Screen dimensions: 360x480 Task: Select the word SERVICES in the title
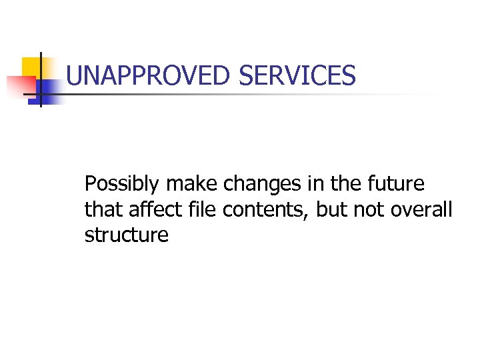coord(297,76)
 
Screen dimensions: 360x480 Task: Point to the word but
coord(332,209)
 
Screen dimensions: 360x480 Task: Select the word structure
coord(127,235)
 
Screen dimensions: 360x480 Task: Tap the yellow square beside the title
coord(30,67)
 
